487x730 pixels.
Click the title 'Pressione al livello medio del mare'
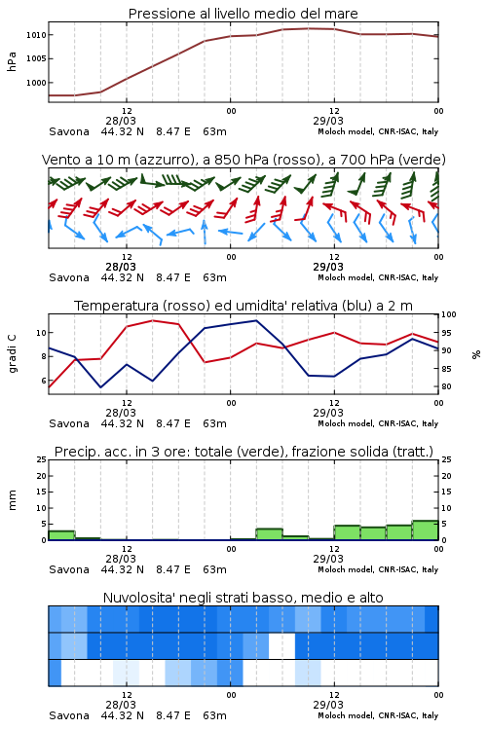(x=243, y=14)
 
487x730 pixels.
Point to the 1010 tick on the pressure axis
(x=36, y=35)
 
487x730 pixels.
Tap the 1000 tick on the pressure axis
(x=36, y=83)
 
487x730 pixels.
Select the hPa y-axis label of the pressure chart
(x=12, y=61)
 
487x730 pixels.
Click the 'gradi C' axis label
(x=12, y=354)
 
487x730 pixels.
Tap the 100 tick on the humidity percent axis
(x=449, y=314)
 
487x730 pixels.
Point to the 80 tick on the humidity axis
(x=446, y=386)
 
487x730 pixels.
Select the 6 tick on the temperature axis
(x=43, y=381)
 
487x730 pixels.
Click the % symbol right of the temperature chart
(x=476, y=354)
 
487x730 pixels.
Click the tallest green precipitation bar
(x=425, y=530)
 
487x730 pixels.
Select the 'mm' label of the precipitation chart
(x=12, y=500)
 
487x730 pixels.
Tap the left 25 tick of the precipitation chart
(x=42, y=460)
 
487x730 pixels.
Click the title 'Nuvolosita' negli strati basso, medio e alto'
(x=243, y=598)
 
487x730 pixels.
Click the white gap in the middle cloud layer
(x=281, y=645)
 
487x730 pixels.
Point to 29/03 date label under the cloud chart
(x=328, y=705)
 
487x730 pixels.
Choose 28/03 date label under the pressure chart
(x=121, y=121)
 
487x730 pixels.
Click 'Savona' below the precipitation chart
(x=69, y=569)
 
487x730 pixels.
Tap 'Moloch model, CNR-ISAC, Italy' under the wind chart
(x=378, y=277)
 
